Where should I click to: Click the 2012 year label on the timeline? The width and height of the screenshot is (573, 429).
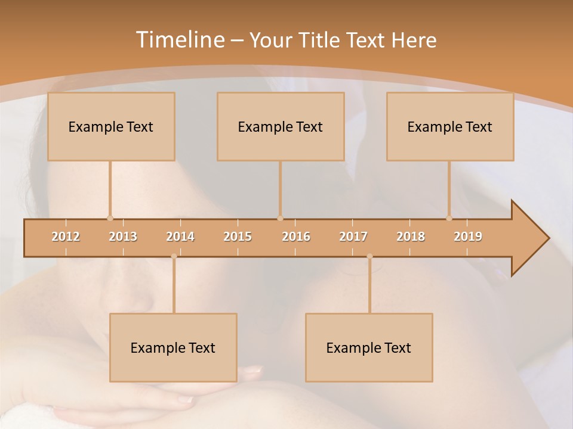point(66,237)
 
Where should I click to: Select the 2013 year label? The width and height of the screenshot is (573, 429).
point(123,237)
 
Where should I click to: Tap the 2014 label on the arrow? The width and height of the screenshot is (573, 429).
point(180,237)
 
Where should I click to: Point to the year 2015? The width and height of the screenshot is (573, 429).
point(238,237)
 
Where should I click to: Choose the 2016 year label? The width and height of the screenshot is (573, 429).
point(296,237)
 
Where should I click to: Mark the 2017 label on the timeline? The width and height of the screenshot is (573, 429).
point(353,237)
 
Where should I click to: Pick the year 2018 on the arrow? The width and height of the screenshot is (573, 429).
point(411,237)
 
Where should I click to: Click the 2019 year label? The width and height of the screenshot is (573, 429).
point(468,237)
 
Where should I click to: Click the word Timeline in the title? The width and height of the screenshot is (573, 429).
point(179,40)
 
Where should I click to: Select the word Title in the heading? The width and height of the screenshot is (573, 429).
point(320,41)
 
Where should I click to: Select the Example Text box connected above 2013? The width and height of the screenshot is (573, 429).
point(111,126)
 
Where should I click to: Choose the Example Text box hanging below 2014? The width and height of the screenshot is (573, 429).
point(173,347)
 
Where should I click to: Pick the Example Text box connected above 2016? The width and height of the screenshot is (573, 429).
point(281,126)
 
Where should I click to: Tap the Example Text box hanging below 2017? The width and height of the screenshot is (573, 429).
point(369,347)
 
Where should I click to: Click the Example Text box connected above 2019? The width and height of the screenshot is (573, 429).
point(450,126)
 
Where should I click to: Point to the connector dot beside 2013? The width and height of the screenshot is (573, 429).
point(110,218)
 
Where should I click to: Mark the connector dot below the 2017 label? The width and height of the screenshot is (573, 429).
point(369,256)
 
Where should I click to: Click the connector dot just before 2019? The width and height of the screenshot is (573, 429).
point(449,218)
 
